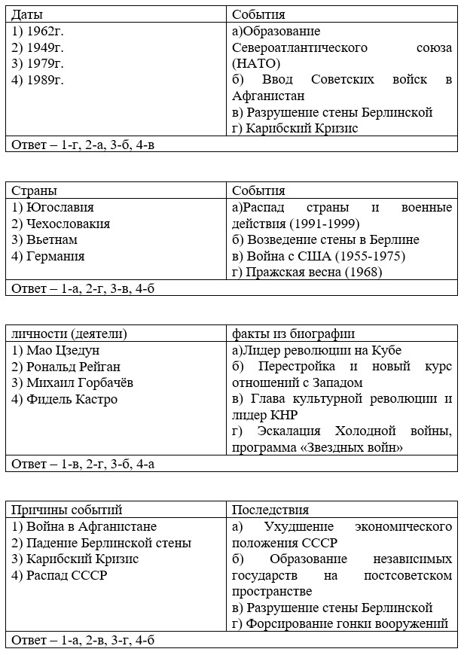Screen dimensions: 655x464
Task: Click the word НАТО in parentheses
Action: [x=256, y=63]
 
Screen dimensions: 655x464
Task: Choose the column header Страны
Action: [x=34, y=191]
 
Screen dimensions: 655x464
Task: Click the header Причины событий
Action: [x=66, y=510]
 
